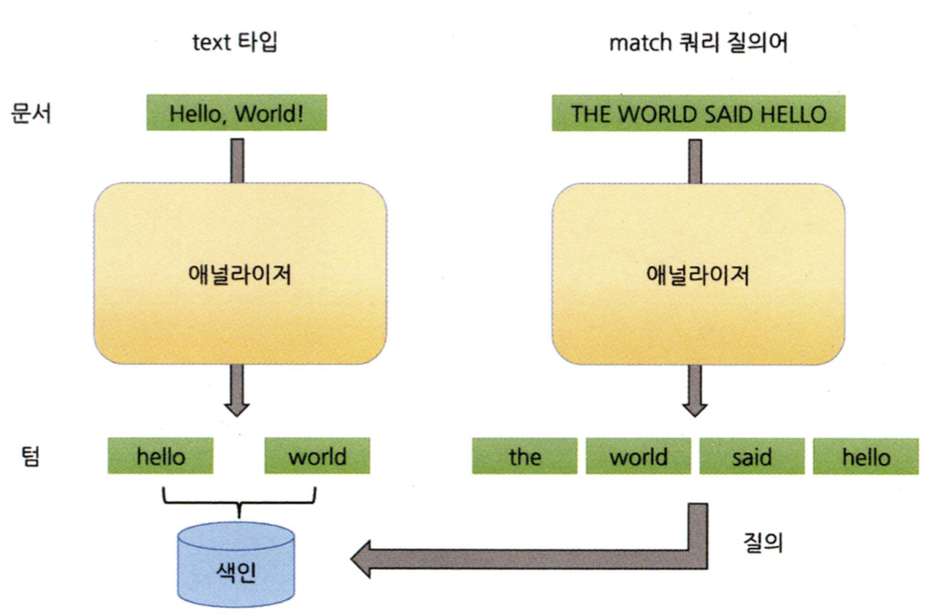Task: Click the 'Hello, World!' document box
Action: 236,113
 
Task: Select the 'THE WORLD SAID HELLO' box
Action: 698,114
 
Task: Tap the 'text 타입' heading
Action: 235,42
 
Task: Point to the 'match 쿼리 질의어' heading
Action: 698,43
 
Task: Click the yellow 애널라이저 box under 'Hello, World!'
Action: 240,274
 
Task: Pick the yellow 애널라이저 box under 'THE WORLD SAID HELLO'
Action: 698,274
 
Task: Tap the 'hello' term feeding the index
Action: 160,456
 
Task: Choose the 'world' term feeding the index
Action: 317,456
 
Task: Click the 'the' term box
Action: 525,457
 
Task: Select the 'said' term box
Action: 752,457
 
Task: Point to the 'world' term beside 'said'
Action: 638,457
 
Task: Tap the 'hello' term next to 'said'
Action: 865,457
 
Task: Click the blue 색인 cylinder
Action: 236,565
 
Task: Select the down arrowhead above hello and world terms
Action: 237,408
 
